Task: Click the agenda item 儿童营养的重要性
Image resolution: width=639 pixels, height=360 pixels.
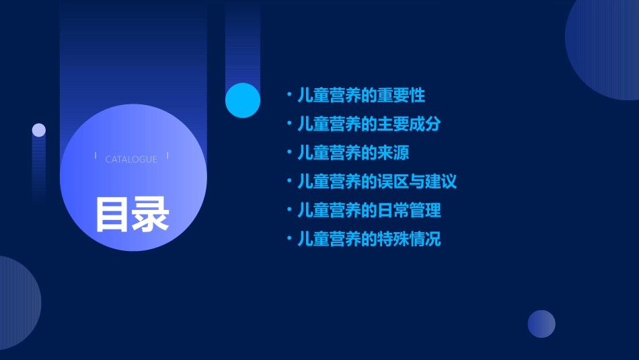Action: pos(361,95)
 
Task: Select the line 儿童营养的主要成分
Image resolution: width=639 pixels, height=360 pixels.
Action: pos(369,124)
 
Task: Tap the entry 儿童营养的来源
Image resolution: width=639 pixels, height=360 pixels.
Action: pos(353,153)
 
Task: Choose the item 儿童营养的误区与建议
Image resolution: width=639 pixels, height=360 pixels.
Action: pos(377,181)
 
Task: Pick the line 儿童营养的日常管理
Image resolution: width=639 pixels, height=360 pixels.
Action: pos(369,210)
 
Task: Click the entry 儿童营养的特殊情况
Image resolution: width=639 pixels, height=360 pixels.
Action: pos(369,239)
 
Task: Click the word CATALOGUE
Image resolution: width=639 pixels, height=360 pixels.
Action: pos(131,159)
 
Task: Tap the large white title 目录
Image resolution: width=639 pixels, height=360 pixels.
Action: pos(132,215)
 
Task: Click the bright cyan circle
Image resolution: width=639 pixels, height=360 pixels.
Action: pos(243,100)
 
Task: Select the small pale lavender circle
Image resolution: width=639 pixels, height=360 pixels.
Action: pos(39,130)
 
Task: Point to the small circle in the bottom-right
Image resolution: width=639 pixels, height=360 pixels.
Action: pos(541,324)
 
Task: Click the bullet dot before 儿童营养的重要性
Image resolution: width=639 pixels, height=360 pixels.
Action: pos(289,95)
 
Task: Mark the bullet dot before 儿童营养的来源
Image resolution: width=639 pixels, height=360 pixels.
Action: pos(289,153)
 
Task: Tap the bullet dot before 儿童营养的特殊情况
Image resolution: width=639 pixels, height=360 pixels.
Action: pos(289,239)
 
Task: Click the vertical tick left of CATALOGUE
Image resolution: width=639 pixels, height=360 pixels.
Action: pos(96,156)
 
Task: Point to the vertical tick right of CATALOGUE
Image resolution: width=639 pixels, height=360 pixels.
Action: pos(167,156)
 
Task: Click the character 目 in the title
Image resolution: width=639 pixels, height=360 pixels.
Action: pos(112,215)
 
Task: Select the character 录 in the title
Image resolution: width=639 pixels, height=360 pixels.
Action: pos(151,215)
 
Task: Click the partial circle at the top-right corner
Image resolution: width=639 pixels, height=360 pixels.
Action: pos(605,47)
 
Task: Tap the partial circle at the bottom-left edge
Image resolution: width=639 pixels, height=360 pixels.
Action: pos(17,303)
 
